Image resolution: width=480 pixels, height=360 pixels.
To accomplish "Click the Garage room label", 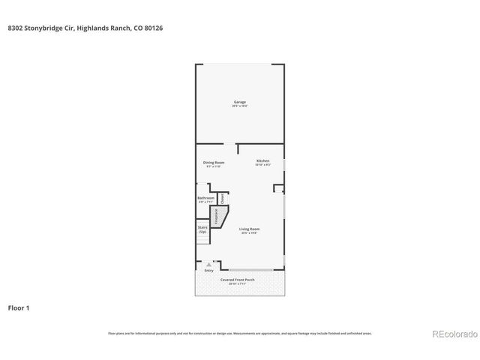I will [x=239, y=102].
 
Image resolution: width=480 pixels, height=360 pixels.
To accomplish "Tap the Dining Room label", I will [x=214, y=162].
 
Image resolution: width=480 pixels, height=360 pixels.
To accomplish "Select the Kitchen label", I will [x=262, y=160].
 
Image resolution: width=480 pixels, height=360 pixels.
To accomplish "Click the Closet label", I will [x=222, y=199].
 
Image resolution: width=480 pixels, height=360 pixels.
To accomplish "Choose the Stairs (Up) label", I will [x=202, y=229].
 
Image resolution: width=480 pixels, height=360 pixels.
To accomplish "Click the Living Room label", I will [x=249, y=229].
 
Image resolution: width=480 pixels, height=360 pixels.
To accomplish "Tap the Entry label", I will [x=208, y=270].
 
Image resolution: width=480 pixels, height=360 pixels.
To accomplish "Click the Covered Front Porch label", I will [x=238, y=280].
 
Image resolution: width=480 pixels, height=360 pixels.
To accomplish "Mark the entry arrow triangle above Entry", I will [x=208, y=265].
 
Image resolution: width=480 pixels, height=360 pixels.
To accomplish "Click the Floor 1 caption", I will [x=19, y=307].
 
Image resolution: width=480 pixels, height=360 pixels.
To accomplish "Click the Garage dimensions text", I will [x=239, y=106].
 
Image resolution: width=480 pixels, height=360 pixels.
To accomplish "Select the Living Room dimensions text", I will [x=249, y=233].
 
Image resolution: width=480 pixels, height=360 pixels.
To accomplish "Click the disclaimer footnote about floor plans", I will [x=239, y=333].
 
